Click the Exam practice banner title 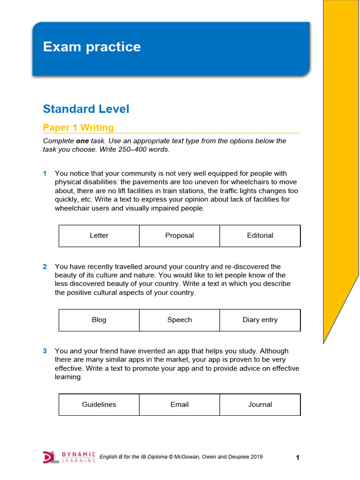click(x=92, y=47)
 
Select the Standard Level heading click(x=86, y=109)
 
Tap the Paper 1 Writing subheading click(x=78, y=127)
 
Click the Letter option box click(x=99, y=236)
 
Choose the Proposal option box click(x=180, y=236)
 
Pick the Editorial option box click(x=260, y=236)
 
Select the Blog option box click(x=99, y=320)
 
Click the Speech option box click(x=180, y=320)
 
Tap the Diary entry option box click(x=260, y=320)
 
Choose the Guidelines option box click(x=99, y=405)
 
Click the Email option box click(x=180, y=405)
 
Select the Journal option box click(x=260, y=405)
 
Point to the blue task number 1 click(x=45, y=173)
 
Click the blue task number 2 click(x=45, y=267)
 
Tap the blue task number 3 click(x=45, y=351)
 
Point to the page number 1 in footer click(x=297, y=458)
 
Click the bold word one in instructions click(x=83, y=141)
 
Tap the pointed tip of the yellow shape click(x=324, y=343)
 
